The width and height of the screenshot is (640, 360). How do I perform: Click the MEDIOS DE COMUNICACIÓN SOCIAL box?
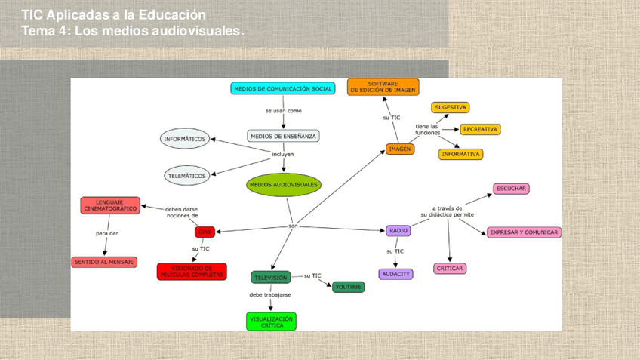coord(283,88)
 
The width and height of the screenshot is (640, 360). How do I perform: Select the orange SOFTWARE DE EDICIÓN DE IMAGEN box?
coord(383,87)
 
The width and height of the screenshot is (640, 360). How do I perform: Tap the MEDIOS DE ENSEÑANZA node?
coord(283,136)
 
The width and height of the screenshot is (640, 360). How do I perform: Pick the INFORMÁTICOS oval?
coord(185,139)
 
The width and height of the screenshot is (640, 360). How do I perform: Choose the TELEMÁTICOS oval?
coord(186,176)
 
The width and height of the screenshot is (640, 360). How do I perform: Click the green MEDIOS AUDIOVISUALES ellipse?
coord(284,185)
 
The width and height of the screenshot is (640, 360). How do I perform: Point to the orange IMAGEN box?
coord(400,149)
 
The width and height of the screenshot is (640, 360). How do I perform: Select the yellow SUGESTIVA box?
coord(451,107)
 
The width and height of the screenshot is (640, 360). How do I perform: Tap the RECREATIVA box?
coord(480,129)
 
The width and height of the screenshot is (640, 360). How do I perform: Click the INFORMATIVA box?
coord(460,154)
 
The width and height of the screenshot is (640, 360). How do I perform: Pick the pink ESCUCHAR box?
coord(512,189)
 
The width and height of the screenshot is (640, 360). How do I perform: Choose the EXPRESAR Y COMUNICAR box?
coord(524,232)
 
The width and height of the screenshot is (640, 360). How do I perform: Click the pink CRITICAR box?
coord(450,268)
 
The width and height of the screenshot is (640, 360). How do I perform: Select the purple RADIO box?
coord(398,231)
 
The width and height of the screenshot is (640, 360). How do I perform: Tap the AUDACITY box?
coord(395,274)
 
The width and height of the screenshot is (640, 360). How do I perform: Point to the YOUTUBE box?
coord(348,287)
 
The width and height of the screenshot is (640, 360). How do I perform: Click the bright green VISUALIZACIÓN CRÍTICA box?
coord(271,322)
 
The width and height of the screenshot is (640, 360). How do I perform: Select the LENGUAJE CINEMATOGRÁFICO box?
coord(110,205)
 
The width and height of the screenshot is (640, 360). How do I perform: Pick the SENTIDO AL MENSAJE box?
coord(104,262)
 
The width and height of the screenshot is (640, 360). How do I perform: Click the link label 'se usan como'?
coord(283,111)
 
